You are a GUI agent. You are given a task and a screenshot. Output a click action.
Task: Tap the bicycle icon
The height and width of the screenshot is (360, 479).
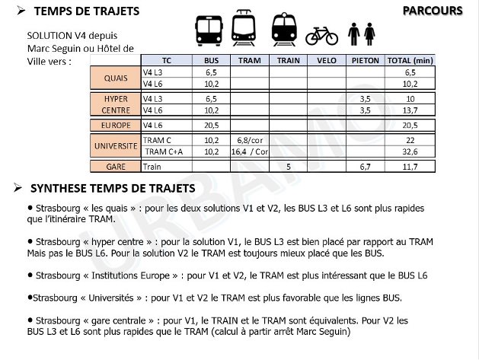(x=321, y=35)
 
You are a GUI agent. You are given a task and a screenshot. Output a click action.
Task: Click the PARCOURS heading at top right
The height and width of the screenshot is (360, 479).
(x=432, y=10)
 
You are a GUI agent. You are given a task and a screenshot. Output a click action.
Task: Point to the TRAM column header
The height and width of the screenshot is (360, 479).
(x=249, y=60)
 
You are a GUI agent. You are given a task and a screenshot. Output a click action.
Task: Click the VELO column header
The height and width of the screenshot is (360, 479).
(x=326, y=60)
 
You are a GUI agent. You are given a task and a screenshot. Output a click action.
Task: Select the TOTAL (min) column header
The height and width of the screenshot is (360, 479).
(x=410, y=60)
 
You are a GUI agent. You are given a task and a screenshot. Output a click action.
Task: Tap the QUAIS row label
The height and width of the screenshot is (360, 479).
(x=116, y=78)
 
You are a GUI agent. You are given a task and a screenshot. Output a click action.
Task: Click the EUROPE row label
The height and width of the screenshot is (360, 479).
(x=116, y=126)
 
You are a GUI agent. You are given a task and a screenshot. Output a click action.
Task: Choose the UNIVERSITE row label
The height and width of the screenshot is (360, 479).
(x=116, y=145)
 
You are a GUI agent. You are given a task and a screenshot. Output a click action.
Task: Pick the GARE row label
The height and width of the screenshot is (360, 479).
(x=116, y=166)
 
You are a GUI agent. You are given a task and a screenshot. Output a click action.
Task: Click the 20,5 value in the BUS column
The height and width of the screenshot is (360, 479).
(x=211, y=126)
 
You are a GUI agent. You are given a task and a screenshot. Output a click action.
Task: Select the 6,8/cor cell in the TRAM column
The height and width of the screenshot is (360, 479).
(x=249, y=141)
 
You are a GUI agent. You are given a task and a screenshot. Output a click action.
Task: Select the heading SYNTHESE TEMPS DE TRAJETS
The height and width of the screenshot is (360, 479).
(x=112, y=188)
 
